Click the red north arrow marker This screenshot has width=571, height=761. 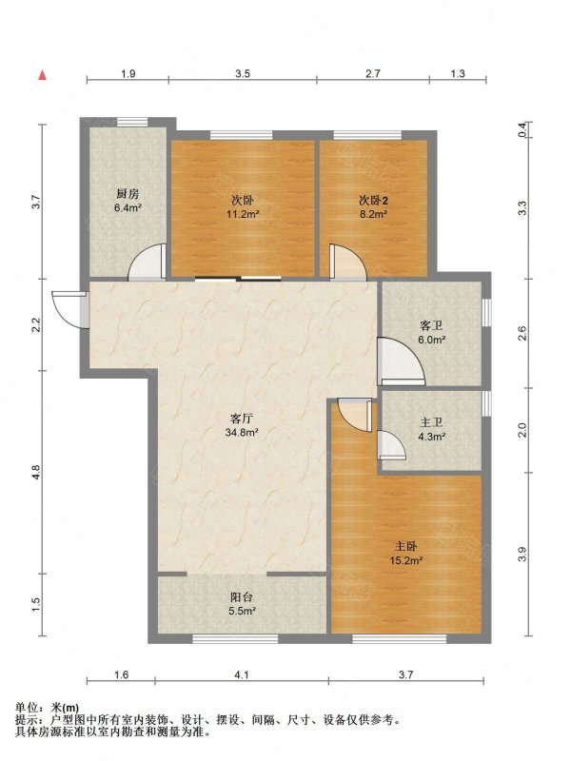43,75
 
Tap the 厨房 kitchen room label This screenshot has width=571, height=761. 128,194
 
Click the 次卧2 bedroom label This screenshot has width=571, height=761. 373,200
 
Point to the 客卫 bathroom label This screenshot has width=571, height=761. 432,325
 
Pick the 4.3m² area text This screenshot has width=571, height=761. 432,437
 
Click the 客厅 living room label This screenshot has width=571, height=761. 242,418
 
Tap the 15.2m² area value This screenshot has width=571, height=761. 406,560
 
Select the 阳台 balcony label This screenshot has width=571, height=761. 242,597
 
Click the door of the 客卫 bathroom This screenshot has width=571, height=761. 401,361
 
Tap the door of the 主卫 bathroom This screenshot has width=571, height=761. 391,444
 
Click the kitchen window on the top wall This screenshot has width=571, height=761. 132,123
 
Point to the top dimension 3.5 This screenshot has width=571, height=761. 243,74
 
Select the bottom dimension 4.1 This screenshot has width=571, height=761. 242,674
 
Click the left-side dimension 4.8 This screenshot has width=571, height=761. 35,472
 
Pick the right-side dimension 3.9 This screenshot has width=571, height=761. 522,555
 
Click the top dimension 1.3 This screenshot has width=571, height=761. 458,74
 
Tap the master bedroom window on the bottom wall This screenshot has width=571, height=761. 399,638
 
